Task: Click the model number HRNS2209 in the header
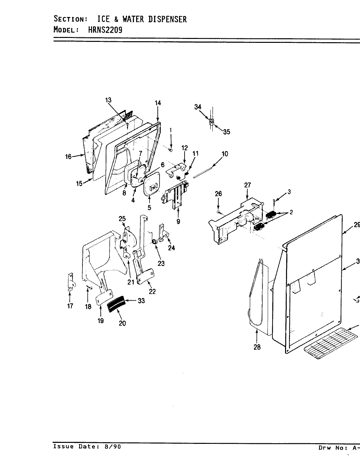(105, 30)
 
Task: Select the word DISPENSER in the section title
(168, 19)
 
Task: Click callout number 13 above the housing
(108, 100)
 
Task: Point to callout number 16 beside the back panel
(68, 157)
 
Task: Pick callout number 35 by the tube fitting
(226, 132)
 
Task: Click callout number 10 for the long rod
(225, 154)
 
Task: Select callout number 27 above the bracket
(247, 185)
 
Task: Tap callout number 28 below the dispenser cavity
(257, 347)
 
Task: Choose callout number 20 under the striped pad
(122, 323)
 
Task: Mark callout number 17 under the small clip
(70, 306)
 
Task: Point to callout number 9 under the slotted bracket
(178, 221)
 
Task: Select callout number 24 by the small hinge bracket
(171, 248)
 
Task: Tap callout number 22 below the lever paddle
(153, 292)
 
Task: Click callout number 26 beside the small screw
(218, 194)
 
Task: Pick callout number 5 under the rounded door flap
(149, 207)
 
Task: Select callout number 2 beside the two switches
(291, 212)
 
